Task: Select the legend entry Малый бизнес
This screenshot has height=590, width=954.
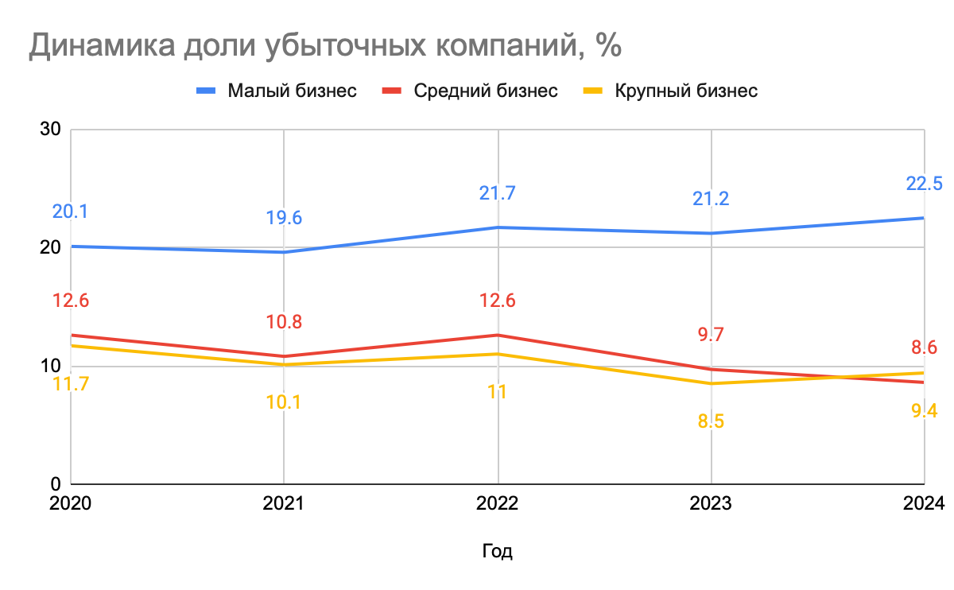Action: click(x=292, y=91)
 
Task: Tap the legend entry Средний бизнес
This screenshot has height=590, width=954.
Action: click(x=486, y=91)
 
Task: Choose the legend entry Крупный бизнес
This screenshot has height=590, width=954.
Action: click(x=686, y=91)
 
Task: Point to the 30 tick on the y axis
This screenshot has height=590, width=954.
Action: click(x=51, y=129)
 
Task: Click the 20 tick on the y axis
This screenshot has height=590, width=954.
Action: click(x=51, y=247)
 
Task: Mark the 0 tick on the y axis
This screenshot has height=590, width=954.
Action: click(x=56, y=484)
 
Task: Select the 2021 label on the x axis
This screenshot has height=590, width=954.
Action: click(x=284, y=504)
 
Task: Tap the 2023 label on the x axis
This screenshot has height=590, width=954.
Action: click(x=711, y=504)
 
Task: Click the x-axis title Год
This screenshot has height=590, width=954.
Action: click(x=497, y=551)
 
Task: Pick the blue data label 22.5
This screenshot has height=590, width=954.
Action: click(x=924, y=184)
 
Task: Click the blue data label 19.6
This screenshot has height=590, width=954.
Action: click(x=284, y=219)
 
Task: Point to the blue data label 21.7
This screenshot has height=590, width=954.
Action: click(x=497, y=193)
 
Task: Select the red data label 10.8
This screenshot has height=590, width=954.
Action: click(x=284, y=322)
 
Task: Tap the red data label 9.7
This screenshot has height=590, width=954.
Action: click(x=711, y=335)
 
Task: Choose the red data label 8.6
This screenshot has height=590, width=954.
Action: click(x=924, y=347)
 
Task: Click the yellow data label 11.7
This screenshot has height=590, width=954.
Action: click(x=71, y=383)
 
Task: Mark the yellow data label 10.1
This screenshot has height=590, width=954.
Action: click(x=284, y=402)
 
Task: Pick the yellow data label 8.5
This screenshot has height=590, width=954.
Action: click(x=711, y=421)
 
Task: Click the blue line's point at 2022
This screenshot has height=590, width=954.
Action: click(x=498, y=227)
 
